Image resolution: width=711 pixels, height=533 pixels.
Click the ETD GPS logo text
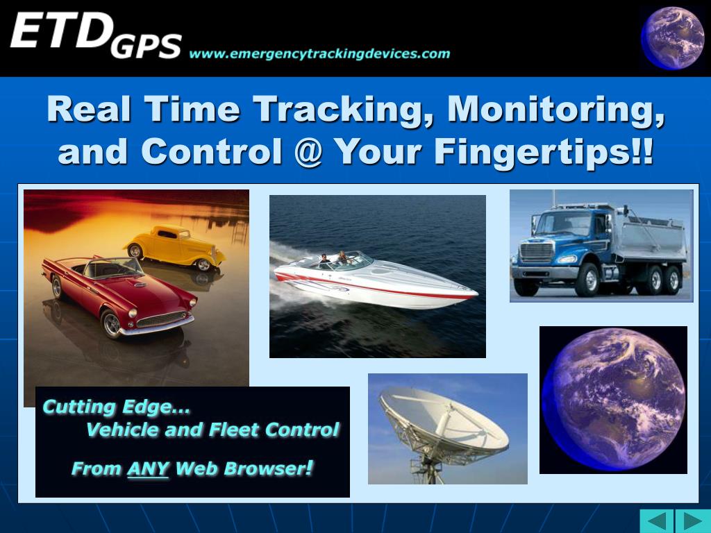point(96,35)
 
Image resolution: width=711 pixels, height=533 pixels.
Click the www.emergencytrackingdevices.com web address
point(319,54)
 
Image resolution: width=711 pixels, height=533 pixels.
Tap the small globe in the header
point(672,38)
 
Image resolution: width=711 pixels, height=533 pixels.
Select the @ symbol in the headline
point(308,151)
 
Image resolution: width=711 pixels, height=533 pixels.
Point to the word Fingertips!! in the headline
point(544,152)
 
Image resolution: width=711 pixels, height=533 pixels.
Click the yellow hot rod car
point(174,247)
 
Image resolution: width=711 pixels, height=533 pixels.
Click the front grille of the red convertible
point(161,319)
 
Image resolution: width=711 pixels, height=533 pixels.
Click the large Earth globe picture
point(613,400)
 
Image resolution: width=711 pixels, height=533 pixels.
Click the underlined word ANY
point(148,468)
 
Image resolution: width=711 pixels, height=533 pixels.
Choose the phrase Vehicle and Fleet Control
point(212,429)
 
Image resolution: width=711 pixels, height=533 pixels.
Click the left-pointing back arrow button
point(657,521)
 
